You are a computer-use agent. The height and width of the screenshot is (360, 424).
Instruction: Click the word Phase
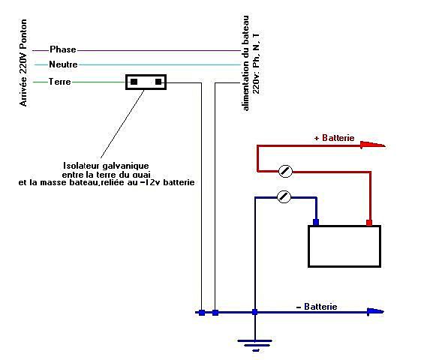[x=63, y=49]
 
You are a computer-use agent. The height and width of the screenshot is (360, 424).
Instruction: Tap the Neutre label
[x=63, y=64]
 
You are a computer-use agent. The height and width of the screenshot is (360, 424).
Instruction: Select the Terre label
[x=60, y=81]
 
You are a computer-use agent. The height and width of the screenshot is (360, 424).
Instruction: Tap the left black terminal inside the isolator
[x=134, y=82]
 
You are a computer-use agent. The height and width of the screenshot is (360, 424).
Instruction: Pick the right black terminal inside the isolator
[x=158, y=82]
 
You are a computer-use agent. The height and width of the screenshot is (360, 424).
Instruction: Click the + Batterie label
[x=334, y=138]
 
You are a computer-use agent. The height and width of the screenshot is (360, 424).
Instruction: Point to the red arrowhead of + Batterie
[x=373, y=145]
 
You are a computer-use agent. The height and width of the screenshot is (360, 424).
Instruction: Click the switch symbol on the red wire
[x=285, y=171]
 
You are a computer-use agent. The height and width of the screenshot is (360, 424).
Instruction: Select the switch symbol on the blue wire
[x=284, y=196]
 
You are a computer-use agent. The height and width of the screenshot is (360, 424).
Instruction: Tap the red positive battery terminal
[x=369, y=223]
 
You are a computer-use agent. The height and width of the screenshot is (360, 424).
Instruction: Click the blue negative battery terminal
[x=316, y=222]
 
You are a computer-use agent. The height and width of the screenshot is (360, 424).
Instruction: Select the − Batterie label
[x=317, y=307]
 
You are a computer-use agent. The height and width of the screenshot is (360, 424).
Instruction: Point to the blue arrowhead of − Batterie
[x=375, y=312]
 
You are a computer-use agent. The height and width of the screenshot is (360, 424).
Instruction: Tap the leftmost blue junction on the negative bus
[x=202, y=313]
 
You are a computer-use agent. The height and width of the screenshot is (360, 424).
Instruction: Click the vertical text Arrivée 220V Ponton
[x=23, y=63]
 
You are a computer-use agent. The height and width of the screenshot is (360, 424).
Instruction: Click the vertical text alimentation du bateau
[x=245, y=63]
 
